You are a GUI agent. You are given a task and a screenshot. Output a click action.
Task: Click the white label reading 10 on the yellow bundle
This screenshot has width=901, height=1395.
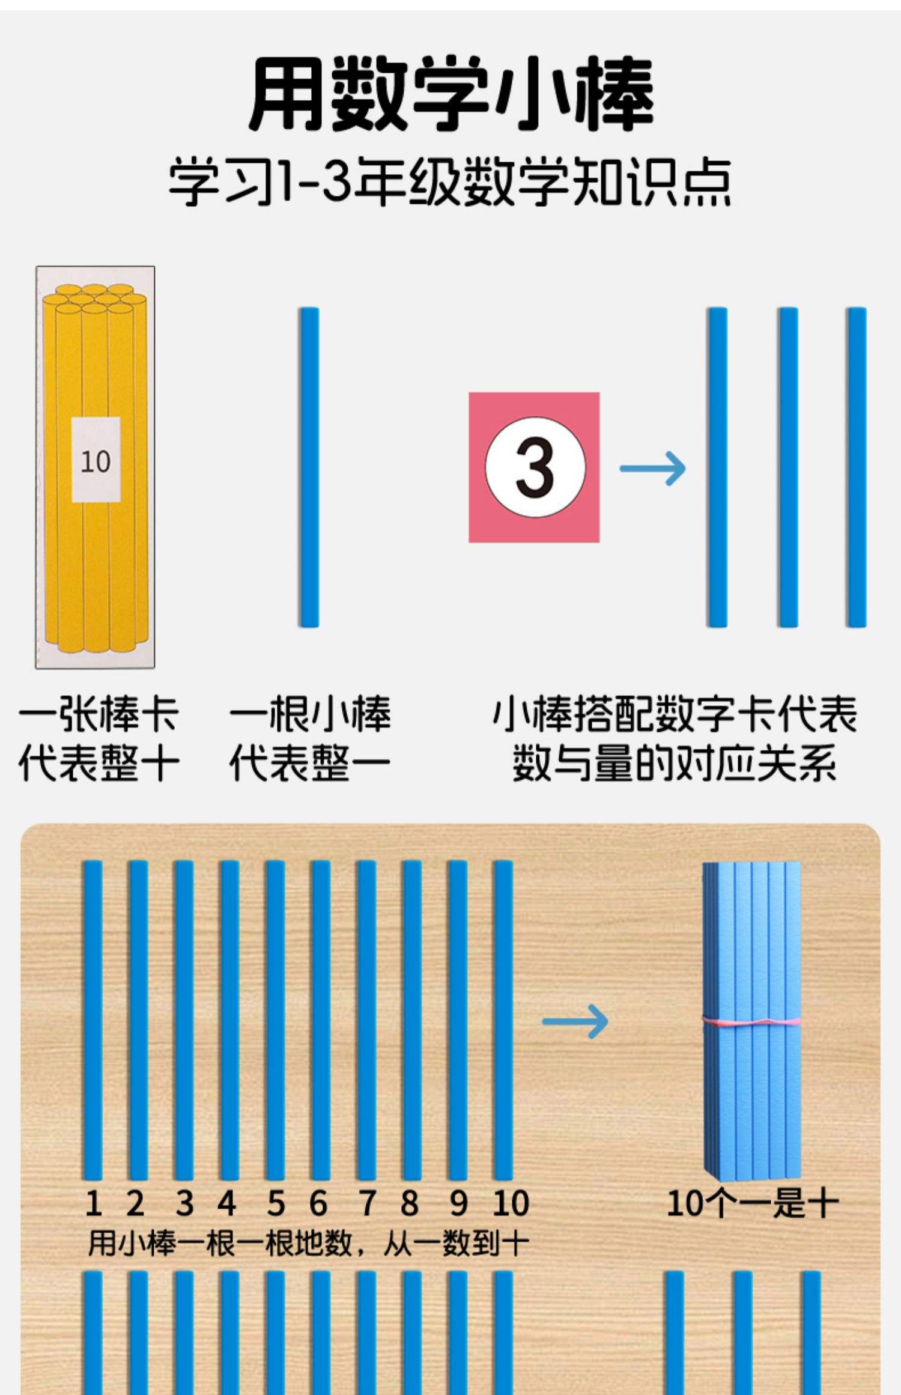(96, 460)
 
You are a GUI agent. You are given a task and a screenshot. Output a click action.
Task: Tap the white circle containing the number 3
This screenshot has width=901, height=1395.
(535, 467)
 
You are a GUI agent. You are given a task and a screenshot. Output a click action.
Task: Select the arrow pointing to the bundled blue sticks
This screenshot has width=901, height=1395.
(575, 1021)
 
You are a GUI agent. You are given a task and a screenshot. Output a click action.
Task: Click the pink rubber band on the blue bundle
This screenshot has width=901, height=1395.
(752, 1020)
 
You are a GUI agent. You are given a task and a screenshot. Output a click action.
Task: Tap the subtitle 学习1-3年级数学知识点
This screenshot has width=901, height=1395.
(450, 181)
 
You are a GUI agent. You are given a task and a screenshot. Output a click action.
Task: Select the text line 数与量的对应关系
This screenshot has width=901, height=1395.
(674, 764)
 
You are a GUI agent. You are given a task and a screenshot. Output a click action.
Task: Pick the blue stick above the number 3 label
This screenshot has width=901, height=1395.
(184, 1021)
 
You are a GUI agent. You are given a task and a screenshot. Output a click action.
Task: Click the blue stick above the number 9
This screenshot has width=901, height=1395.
(458, 1021)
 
